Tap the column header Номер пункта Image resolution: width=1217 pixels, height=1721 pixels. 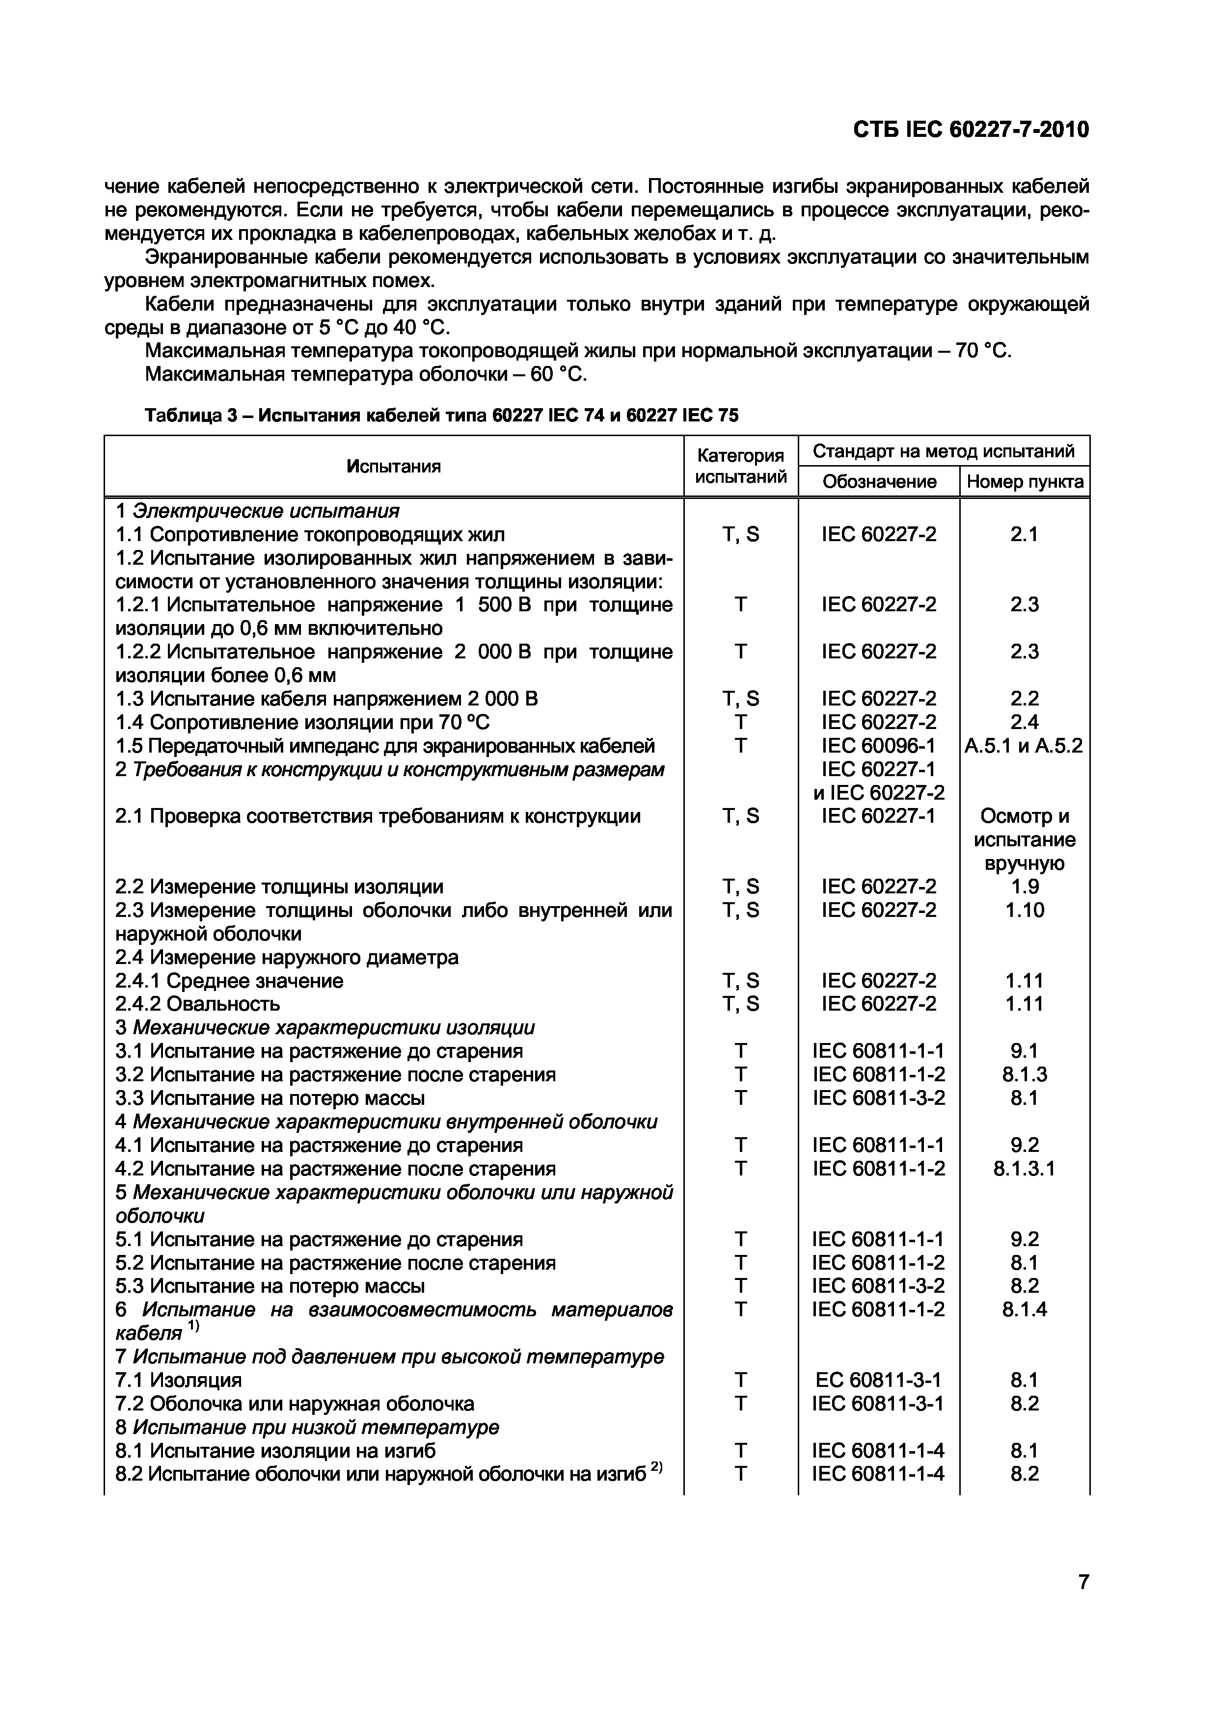tap(1024, 482)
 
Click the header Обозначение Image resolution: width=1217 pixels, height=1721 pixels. tap(879, 482)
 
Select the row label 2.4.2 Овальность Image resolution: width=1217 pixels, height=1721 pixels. tap(198, 1004)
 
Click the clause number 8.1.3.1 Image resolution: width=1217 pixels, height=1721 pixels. tap(1024, 1169)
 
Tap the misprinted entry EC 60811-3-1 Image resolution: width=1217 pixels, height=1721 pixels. tap(878, 1380)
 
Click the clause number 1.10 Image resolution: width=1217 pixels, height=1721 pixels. tap(1024, 910)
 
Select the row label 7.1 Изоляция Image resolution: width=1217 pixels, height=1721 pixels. tap(179, 1380)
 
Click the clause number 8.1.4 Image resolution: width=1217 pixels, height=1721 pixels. tap(1024, 1309)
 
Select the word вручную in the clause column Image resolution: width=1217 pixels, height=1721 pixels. tap(1024, 863)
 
